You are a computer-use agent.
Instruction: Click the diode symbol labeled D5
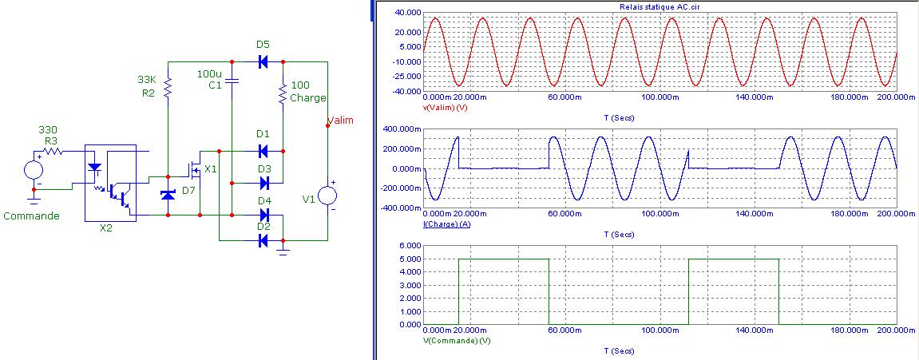263,61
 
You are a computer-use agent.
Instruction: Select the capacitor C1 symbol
232,81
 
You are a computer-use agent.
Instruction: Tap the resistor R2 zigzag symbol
168,86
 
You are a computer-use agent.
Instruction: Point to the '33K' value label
147,79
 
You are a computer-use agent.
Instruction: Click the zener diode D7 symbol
168,194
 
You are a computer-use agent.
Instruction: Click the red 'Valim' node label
340,120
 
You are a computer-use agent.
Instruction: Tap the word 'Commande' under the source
31,216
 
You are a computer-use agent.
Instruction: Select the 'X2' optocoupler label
107,227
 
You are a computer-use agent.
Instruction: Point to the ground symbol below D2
282,251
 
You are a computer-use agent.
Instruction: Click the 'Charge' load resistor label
307,98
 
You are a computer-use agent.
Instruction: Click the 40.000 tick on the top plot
406,13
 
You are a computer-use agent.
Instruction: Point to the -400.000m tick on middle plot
402,208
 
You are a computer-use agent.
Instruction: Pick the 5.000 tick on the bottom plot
410,259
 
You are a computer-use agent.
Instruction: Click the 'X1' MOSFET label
210,168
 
